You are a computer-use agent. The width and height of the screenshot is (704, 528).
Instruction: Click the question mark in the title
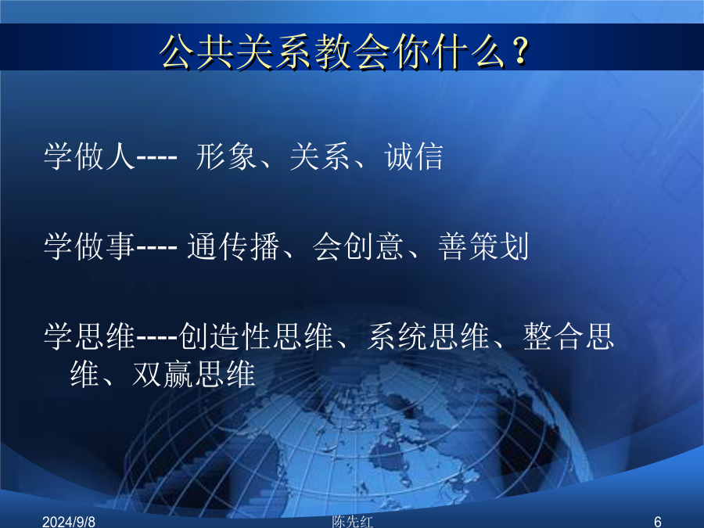pos(521,51)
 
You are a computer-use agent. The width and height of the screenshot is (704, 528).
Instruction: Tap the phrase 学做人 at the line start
pos(89,156)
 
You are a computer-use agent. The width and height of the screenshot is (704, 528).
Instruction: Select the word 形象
pos(226,156)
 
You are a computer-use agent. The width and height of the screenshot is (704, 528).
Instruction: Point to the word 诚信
pos(414,156)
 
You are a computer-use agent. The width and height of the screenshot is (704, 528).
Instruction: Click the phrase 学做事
pos(89,246)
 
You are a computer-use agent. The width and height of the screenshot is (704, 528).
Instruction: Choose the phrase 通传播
pos(233,246)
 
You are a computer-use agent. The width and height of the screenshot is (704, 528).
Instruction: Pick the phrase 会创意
pos(358,246)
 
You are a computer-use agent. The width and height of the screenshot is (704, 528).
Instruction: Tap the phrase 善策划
pos(483,246)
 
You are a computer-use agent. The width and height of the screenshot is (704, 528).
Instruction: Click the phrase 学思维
pos(89,336)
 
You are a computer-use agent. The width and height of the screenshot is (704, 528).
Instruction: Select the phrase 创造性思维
pos(256,336)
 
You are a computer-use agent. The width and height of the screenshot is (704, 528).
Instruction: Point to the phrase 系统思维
pos(429,336)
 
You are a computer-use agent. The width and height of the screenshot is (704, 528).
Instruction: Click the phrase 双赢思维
pos(194,374)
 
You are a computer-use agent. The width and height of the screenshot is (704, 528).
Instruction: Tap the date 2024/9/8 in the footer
pos(69,522)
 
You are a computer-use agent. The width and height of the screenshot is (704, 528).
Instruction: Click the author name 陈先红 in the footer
pos(353,522)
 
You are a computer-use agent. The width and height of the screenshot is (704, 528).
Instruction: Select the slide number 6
pos(658,522)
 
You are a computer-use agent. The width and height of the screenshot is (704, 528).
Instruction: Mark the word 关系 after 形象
pos(320,156)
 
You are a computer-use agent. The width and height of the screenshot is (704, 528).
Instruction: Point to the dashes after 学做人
pos(156,158)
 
